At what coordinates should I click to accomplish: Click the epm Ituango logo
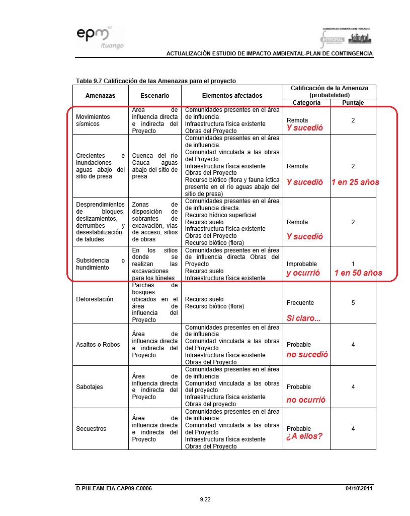[x=100, y=38]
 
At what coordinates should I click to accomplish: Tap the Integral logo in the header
[x=333, y=39]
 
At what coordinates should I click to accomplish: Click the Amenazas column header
[x=100, y=95]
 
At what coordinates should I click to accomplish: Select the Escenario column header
[x=154, y=95]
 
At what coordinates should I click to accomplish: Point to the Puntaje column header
[x=353, y=102]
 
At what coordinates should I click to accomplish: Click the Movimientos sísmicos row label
[x=93, y=120]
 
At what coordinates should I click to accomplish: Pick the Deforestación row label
[x=94, y=299]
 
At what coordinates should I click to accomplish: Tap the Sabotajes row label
[x=90, y=386]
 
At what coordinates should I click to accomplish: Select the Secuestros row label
[x=91, y=428]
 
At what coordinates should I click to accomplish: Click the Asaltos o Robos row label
[x=98, y=345]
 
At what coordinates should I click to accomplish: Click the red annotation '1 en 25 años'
[x=355, y=182]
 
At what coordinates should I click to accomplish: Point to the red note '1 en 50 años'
[x=358, y=273]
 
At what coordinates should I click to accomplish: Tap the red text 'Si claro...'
[x=303, y=318]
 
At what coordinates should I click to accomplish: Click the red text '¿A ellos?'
[x=304, y=436]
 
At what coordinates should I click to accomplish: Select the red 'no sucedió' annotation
[x=307, y=355]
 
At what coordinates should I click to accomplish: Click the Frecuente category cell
[x=300, y=303]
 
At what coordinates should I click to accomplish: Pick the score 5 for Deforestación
[x=353, y=303]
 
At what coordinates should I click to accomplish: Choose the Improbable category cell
[x=301, y=264]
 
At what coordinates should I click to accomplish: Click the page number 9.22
[x=205, y=499]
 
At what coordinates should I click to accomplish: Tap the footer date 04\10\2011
[x=359, y=488]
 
